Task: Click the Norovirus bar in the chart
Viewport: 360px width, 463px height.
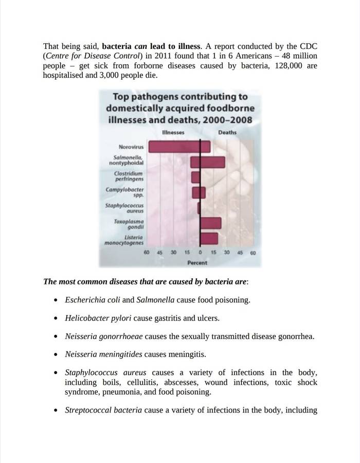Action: point(179,147)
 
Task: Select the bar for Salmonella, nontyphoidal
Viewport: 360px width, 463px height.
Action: point(208,163)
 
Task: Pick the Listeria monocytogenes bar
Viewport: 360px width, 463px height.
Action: point(208,239)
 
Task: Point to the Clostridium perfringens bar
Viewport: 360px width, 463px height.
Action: point(196,177)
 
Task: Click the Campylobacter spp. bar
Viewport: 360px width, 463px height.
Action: point(199,192)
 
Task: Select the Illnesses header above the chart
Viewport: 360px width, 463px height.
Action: point(173,132)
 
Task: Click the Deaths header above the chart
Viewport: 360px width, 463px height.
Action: point(227,132)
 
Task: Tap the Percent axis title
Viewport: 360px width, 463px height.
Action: point(197,263)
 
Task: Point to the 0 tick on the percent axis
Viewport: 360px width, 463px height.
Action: point(200,253)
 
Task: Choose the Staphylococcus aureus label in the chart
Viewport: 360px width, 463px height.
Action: point(124,208)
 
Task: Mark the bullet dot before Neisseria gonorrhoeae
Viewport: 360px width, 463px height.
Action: point(56,337)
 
